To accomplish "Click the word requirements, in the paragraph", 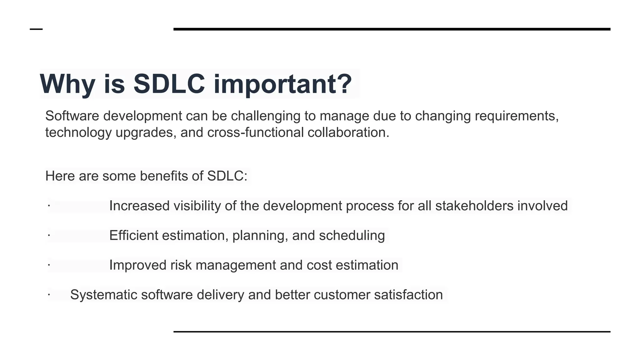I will click(517, 116).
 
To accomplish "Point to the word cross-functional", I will click(255, 132).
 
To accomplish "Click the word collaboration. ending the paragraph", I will click(348, 132).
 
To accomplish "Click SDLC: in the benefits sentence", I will click(227, 176).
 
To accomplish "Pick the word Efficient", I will click(133, 236).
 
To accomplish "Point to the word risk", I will click(181, 265).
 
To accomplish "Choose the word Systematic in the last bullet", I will click(104, 295).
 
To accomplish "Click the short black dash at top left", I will click(36, 29).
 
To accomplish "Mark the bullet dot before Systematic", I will click(49, 294).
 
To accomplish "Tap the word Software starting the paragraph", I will click(72, 116).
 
